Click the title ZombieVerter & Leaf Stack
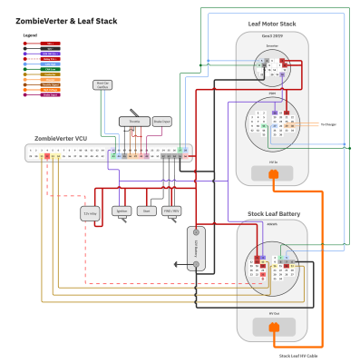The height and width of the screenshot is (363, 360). tap(67, 19)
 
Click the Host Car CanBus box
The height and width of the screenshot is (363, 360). tap(104, 85)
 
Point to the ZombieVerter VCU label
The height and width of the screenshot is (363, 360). tap(60, 139)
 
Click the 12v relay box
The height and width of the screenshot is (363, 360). tap(90, 213)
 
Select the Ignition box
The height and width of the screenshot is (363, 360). tap(122, 210)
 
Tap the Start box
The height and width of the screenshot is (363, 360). tap(145, 210)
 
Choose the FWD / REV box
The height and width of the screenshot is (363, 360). tap(170, 210)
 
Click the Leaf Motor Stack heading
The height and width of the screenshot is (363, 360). tap(272, 25)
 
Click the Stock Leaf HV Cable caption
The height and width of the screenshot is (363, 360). tap(299, 356)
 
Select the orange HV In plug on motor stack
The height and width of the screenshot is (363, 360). tap(273, 172)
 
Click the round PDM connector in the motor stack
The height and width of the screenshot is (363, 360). tap(272, 123)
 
